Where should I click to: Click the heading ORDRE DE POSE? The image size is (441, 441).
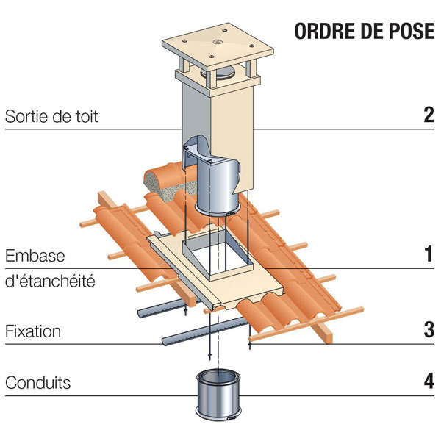coord(362,33)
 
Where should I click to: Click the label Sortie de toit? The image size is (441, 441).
coord(51,116)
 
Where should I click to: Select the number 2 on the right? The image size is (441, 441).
coord(429,115)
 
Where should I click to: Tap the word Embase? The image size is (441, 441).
coord(35,257)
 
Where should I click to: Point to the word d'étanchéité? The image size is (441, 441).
coord(50,281)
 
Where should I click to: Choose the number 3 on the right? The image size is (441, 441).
coord(429,330)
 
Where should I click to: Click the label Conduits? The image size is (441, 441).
coord(37,383)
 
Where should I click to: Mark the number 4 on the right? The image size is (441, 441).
coord(429,382)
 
